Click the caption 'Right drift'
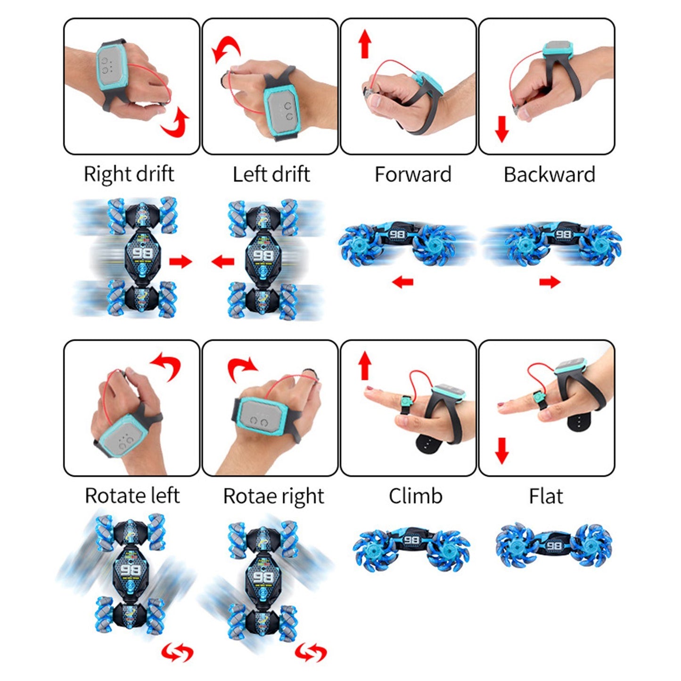(x=129, y=174)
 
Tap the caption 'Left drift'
(x=271, y=174)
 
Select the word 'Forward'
(x=413, y=174)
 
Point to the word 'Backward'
(x=549, y=174)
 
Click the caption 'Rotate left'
(x=132, y=495)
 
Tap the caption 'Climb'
(x=416, y=495)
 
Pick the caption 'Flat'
(x=546, y=495)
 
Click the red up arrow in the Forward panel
(x=365, y=44)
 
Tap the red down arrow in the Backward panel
(x=501, y=129)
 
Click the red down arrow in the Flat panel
(x=501, y=451)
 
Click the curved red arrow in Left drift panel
(x=226, y=49)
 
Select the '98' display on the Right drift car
(x=143, y=253)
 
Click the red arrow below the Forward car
(x=402, y=282)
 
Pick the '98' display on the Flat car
(x=554, y=546)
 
